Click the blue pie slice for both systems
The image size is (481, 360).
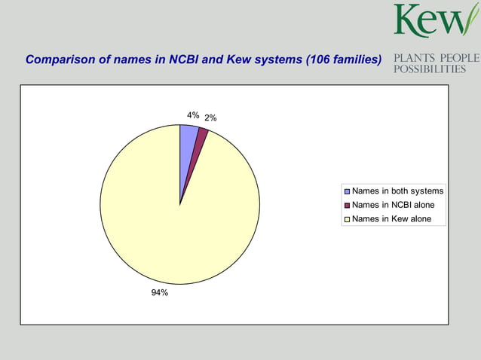(188, 143)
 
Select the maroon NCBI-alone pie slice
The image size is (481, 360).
(200, 143)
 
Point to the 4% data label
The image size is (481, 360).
(193, 115)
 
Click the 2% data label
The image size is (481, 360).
(210, 117)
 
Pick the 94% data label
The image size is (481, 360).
(159, 292)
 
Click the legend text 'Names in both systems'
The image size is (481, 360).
(397, 191)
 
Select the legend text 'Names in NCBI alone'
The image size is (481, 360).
(393, 205)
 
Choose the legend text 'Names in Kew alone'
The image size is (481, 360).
(391, 219)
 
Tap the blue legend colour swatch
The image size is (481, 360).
(347, 191)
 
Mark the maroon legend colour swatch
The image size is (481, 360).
(347, 206)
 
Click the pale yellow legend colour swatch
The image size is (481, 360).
(347, 220)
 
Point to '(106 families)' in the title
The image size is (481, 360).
(343, 59)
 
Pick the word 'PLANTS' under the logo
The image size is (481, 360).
(414, 58)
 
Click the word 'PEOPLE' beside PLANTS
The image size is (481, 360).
(459, 58)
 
